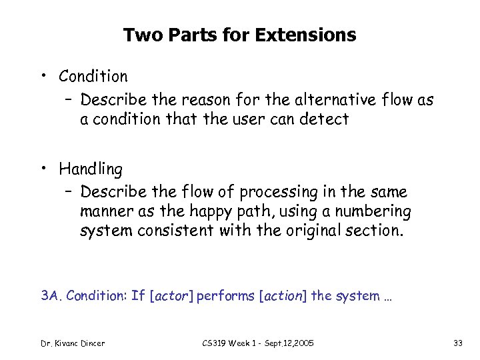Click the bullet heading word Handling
coord(91,169)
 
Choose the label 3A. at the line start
coord(51,295)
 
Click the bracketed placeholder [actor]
coord(172,295)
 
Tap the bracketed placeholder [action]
coord(281,295)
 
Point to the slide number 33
coord(458,343)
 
